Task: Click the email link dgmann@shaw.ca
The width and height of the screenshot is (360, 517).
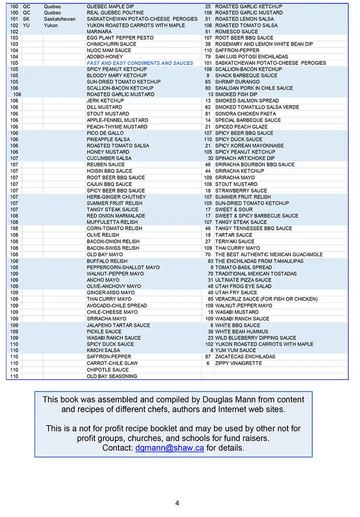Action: pos(169,448)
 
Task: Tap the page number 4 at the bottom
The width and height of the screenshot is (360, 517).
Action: pos(177,503)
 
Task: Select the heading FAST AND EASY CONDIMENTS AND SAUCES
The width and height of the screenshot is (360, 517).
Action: pos(140,63)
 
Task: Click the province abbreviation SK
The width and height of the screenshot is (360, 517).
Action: pos(26,19)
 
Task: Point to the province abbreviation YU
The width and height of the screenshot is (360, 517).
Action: pos(27,26)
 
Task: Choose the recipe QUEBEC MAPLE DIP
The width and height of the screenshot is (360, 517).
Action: pos(110,7)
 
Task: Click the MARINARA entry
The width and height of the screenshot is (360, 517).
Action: pos(99,32)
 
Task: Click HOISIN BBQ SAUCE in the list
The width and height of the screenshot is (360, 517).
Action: pos(109,171)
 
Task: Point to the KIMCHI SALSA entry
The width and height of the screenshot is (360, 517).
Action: pos(103,350)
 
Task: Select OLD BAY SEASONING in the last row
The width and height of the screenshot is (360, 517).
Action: pos(112,376)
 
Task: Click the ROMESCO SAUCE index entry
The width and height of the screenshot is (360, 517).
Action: pos(236,32)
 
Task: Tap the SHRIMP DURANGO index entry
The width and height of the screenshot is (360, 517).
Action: pos(237,82)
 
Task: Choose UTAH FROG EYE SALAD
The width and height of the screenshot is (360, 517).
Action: pos(243,286)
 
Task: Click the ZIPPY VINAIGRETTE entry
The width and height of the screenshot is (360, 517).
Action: pos(238,363)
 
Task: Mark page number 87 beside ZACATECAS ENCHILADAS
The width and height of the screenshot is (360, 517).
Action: pos(208,357)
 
